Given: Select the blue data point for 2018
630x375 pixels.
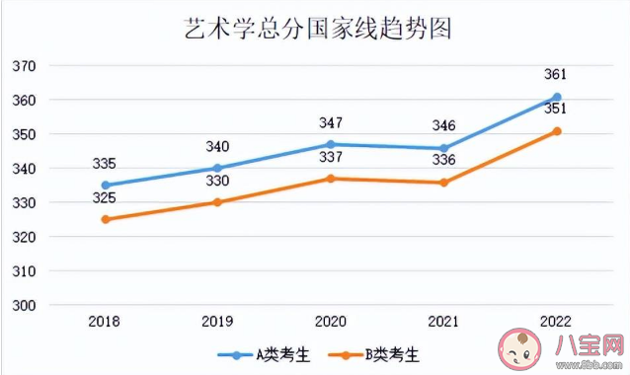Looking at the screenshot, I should pos(106,185).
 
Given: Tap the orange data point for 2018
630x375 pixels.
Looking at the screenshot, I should pos(106,219).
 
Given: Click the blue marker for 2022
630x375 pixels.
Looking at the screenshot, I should pos(557,97).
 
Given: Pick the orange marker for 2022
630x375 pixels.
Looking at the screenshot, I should pos(557,131).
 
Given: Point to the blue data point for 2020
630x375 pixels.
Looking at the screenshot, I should pos(331,144).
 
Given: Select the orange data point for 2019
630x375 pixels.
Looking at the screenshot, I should pos(218,202).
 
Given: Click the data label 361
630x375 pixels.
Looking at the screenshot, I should pos(557,74).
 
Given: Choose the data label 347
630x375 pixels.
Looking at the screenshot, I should pos(331,123).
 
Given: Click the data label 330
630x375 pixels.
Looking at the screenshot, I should pos(218,181).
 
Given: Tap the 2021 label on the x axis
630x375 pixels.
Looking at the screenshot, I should pos(443,323).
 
